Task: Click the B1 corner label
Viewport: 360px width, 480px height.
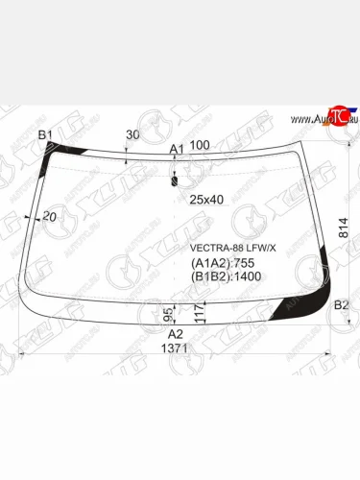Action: [x=44, y=135]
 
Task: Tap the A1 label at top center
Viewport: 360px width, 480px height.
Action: [x=176, y=149]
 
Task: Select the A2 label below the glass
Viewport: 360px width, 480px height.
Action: [x=176, y=334]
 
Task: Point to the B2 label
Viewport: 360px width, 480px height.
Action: [x=340, y=305]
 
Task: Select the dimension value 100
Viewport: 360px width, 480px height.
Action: [x=200, y=145]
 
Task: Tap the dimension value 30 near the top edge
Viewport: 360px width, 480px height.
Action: [x=132, y=135]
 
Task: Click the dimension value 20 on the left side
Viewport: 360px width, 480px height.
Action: [x=50, y=218]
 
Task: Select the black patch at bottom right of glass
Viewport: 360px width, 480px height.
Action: [x=294, y=305]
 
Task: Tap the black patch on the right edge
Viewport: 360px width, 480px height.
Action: [x=332, y=259]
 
